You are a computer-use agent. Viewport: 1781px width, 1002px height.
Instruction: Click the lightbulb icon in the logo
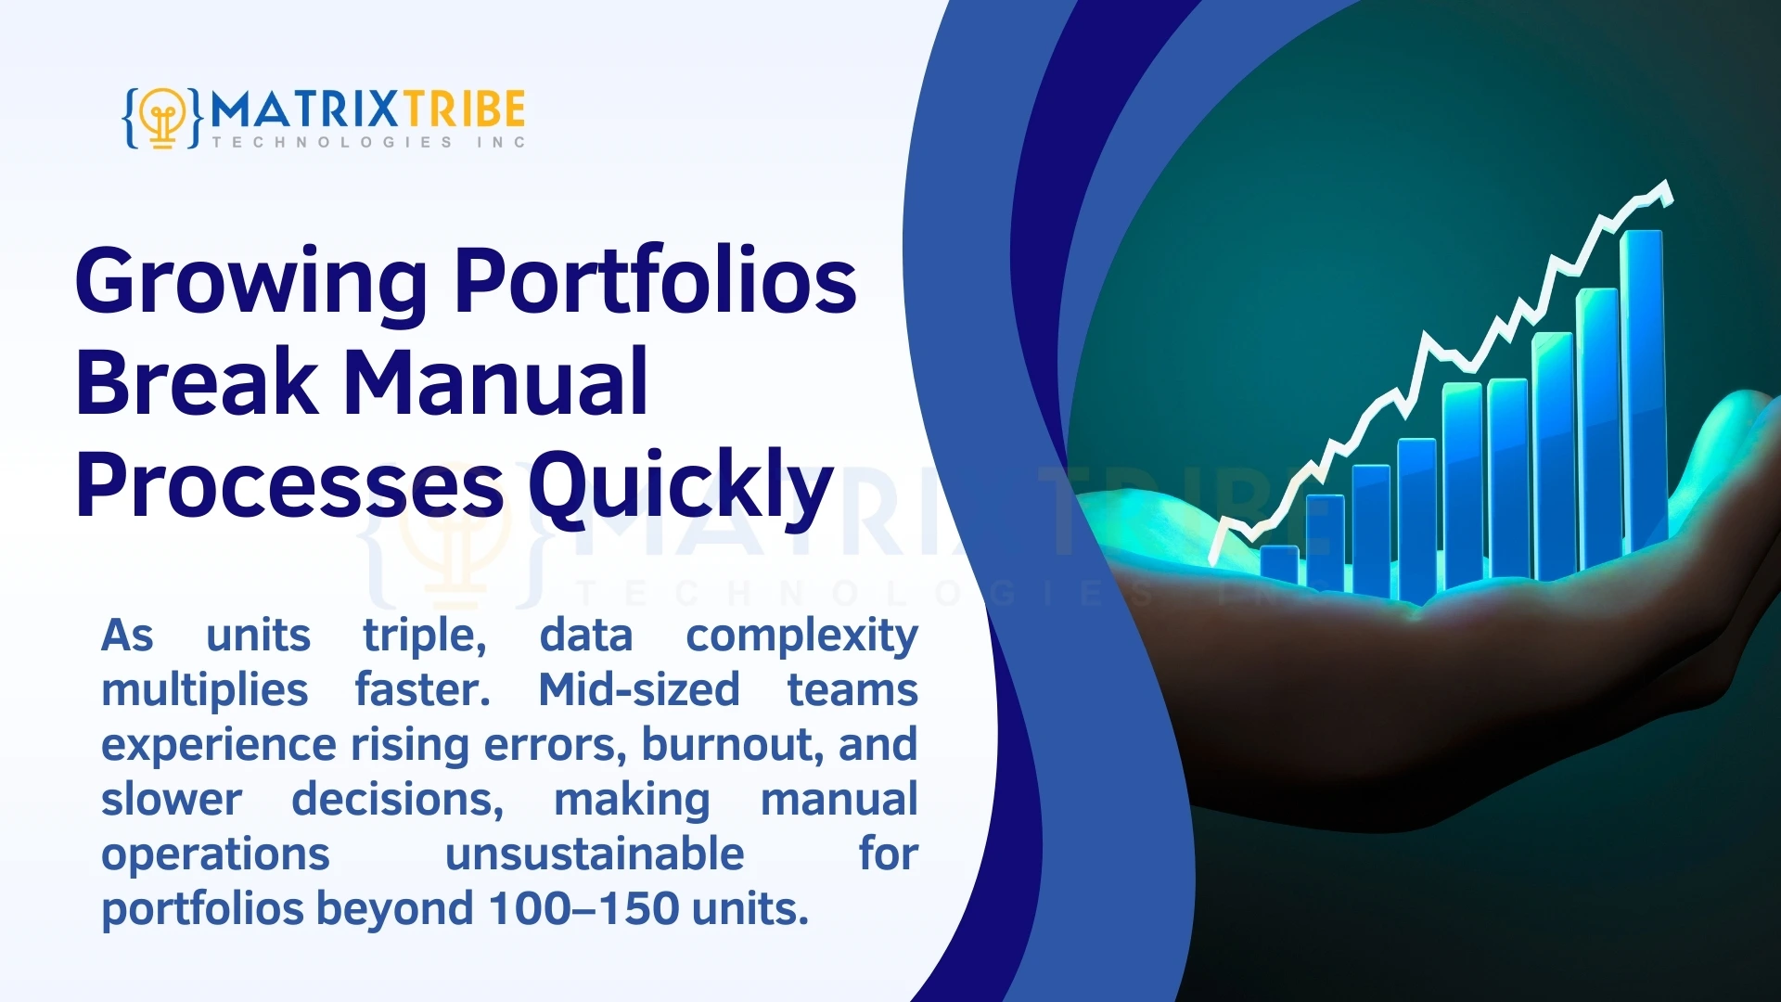(x=163, y=118)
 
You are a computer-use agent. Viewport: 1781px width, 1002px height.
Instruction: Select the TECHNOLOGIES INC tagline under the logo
(x=368, y=142)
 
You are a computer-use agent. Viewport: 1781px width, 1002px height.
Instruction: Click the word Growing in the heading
(x=250, y=281)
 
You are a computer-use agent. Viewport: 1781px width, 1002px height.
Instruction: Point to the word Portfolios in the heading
(x=655, y=281)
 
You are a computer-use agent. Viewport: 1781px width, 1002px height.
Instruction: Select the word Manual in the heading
(x=495, y=382)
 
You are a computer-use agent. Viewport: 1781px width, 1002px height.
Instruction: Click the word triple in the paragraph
(x=424, y=636)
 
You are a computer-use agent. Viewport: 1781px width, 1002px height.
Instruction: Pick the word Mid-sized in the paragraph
(x=638, y=690)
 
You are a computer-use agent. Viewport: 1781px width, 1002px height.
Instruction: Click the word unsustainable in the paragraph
(x=594, y=854)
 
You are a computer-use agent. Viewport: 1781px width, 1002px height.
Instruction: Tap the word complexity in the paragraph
(x=801, y=636)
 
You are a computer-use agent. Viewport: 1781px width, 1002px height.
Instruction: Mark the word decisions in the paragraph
(x=397, y=800)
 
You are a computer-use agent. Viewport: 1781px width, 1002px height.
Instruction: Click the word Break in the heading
(x=196, y=382)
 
